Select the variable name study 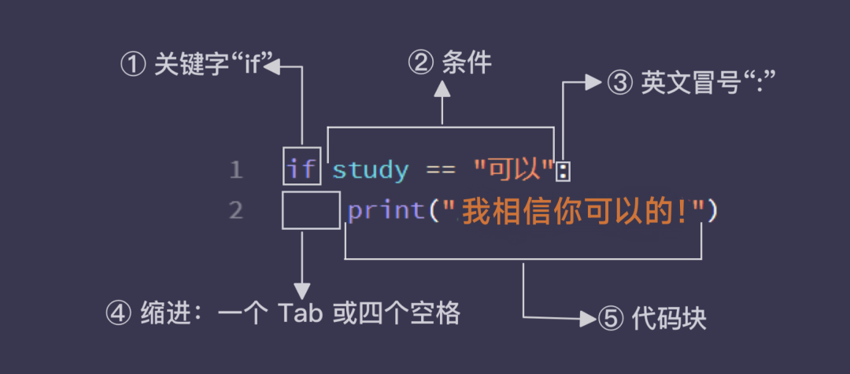tap(370, 169)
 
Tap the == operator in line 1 tap(441, 169)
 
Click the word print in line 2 tap(386, 211)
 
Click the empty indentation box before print tap(311, 210)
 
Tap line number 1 tap(236, 170)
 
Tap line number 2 tap(236, 211)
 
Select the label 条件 tap(467, 63)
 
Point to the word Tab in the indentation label tap(301, 313)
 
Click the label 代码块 tap(669, 318)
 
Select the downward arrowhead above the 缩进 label tap(301, 289)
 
